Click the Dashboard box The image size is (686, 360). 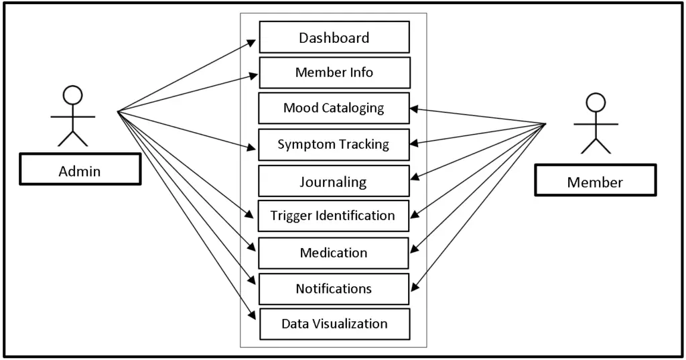pyautogui.click(x=334, y=38)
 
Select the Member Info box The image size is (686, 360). pyautogui.click(x=334, y=72)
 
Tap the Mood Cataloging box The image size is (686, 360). pyautogui.click(x=334, y=108)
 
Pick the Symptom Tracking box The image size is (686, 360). pyautogui.click(x=334, y=144)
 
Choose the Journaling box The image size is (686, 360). pyautogui.click(x=334, y=181)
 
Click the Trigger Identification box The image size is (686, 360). pyautogui.click(x=334, y=216)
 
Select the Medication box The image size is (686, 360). pyautogui.click(x=334, y=253)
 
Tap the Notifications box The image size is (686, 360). pyautogui.click(x=334, y=289)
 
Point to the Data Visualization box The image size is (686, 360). pyautogui.click(x=334, y=324)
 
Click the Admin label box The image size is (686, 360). pyautogui.click(x=80, y=170)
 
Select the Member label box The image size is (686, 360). pyautogui.click(x=595, y=181)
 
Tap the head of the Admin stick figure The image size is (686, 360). pyautogui.click(x=72, y=95)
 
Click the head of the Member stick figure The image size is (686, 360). pyautogui.click(x=596, y=102)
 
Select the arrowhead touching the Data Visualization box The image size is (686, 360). pyautogui.click(x=252, y=317)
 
